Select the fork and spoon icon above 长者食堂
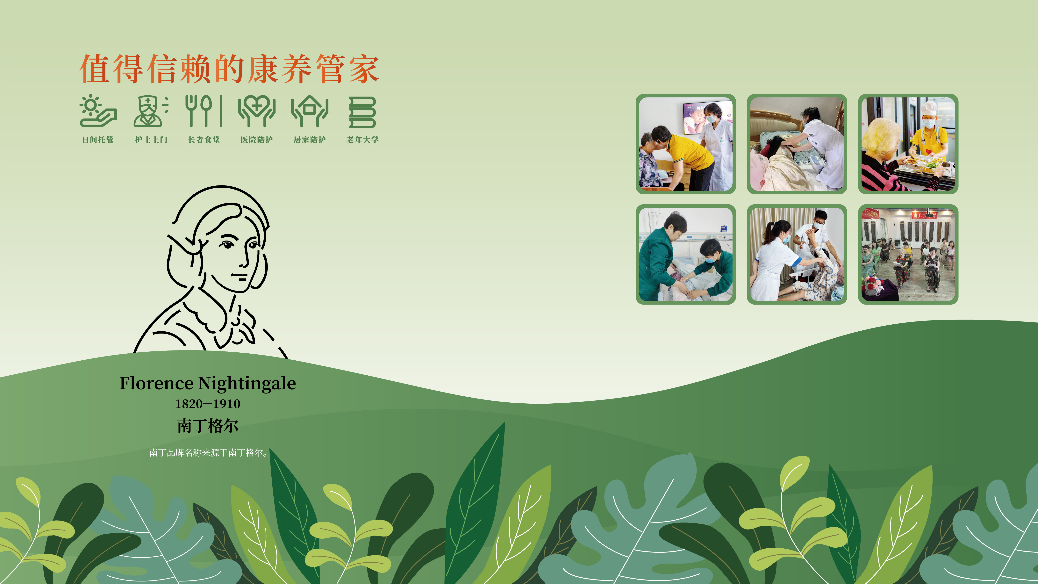point(204,111)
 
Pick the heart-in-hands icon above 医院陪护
point(257,111)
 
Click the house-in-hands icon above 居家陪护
point(310,111)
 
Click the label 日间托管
point(98,140)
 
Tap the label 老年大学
point(363,140)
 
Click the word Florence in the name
point(156,383)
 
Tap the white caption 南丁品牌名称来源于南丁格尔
point(208,453)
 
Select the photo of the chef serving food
point(908,144)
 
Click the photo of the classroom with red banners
point(908,254)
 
